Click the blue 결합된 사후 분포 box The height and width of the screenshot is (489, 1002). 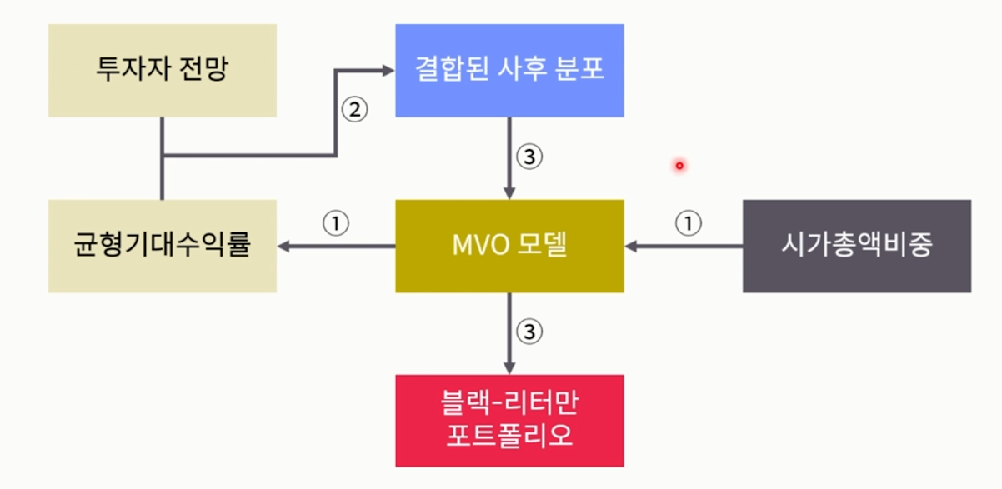pyautogui.click(x=509, y=70)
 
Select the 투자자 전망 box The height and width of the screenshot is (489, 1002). pyautogui.click(x=162, y=70)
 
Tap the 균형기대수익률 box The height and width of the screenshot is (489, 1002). pyautogui.click(x=162, y=246)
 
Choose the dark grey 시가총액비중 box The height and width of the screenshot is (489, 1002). pyautogui.click(x=856, y=246)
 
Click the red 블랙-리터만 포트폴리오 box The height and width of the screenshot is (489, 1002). pyautogui.click(x=509, y=420)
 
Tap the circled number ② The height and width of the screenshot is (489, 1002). pyautogui.click(x=355, y=110)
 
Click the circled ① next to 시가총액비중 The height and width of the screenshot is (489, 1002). pyautogui.click(x=689, y=223)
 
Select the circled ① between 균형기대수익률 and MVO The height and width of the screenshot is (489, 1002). pyautogui.click(x=335, y=223)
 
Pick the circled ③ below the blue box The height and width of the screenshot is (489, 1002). pyautogui.click(x=529, y=157)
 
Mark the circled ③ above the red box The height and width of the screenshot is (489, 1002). pyautogui.click(x=529, y=332)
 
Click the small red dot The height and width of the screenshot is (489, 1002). pyautogui.click(x=679, y=166)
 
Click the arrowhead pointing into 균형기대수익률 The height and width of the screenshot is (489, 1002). pyautogui.click(x=284, y=246)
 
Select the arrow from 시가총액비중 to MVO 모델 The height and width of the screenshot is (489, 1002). pyautogui.click(x=684, y=246)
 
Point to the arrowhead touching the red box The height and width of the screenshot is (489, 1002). pyautogui.click(x=509, y=367)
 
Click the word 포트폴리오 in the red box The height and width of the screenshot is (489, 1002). pyautogui.click(x=509, y=436)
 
